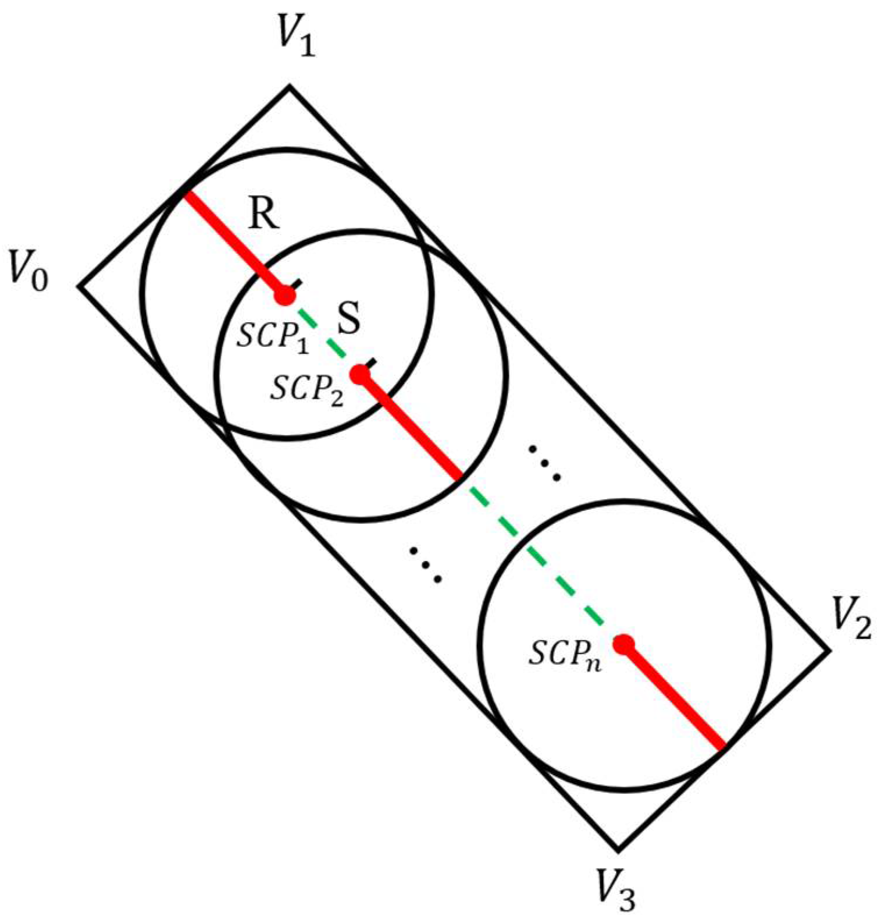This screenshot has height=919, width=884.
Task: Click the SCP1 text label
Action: point(273,337)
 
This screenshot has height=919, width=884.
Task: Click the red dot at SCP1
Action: point(285,296)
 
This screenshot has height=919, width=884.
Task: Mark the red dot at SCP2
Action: point(361,374)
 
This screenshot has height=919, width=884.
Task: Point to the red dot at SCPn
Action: point(624,644)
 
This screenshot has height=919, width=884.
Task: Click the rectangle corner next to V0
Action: point(79,286)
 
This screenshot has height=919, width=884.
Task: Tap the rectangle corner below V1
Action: point(289,87)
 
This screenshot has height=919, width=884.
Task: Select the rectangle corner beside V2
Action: point(828,650)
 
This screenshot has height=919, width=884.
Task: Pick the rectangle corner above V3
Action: point(618,849)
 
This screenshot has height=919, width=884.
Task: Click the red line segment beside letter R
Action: point(233,242)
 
